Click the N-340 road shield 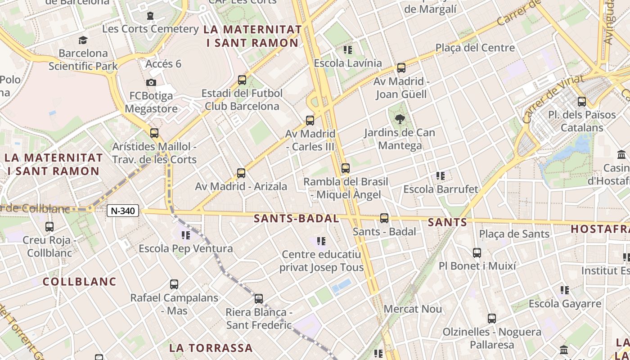point(123,211)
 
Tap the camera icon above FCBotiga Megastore point(151,82)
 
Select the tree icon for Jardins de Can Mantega point(399,119)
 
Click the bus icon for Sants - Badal point(384,218)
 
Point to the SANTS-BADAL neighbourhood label point(296,219)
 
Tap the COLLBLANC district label point(79,282)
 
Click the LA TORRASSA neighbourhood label point(211,348)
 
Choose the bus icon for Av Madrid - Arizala point(241,173)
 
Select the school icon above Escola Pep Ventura point(185,235)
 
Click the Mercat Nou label point(413,309)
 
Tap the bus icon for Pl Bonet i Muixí point(477,253)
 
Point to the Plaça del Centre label point(475,48)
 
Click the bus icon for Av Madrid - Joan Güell point(401,68)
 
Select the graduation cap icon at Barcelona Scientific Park point(83,40)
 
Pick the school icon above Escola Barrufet point(440,176)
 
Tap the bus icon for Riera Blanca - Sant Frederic point(258,299)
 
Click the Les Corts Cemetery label point(150,29)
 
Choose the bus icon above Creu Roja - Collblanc point(49,227)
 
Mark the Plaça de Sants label point(514,234)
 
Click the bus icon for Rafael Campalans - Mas point(174,284)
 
